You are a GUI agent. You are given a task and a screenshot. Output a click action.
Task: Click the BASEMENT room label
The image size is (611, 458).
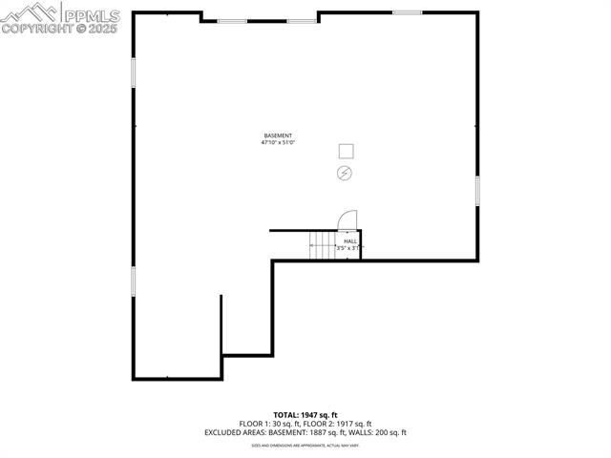[x=278, y=135]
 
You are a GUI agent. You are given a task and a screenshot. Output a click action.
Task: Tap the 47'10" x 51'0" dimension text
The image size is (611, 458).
[x=278, y=143]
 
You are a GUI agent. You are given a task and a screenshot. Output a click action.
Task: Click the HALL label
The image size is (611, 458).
[x=350, y=241]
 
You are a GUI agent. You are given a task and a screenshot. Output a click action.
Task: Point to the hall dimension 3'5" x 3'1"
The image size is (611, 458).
[x=348, y=248]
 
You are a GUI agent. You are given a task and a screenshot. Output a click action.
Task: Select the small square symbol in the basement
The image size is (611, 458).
[x=346, y=151]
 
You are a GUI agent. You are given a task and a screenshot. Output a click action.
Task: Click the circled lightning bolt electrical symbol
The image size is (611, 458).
[x=344, y=173]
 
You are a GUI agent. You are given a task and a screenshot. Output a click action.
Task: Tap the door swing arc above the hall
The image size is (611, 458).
[x=348, y=219]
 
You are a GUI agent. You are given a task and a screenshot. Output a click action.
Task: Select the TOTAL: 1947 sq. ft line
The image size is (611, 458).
[x=305, y=415]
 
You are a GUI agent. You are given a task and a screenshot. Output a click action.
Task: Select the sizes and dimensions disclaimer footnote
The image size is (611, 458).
[x=305, y=445]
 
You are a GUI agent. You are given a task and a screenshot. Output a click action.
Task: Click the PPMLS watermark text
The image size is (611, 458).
[x=91, y=14]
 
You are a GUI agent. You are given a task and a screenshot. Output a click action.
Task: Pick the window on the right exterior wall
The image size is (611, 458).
[x=476, y=191]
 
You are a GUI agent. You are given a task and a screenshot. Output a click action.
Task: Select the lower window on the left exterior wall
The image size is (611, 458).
[x=134, y=280]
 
